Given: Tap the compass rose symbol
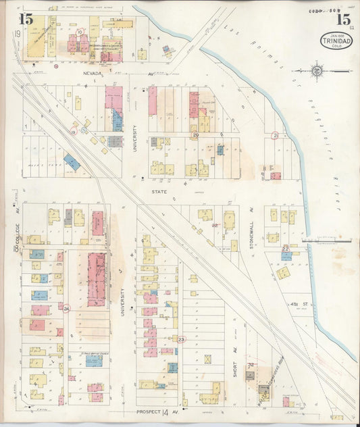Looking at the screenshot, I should pyautogui.click(x=317, y=70).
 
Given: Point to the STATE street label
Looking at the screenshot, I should pyautogui.click(x=159, y=191).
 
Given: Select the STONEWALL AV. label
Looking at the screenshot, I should pyautogui.click(x=249, y=236).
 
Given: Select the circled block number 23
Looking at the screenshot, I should pyautogui.click(x=181, y=339).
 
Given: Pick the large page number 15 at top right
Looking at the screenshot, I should pyautogui.click(x=342, y=18).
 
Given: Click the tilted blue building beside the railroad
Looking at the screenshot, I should pyautogui.click(x=72, y=162).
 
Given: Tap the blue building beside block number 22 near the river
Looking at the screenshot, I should pyautogui.click(x=286, y=256).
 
